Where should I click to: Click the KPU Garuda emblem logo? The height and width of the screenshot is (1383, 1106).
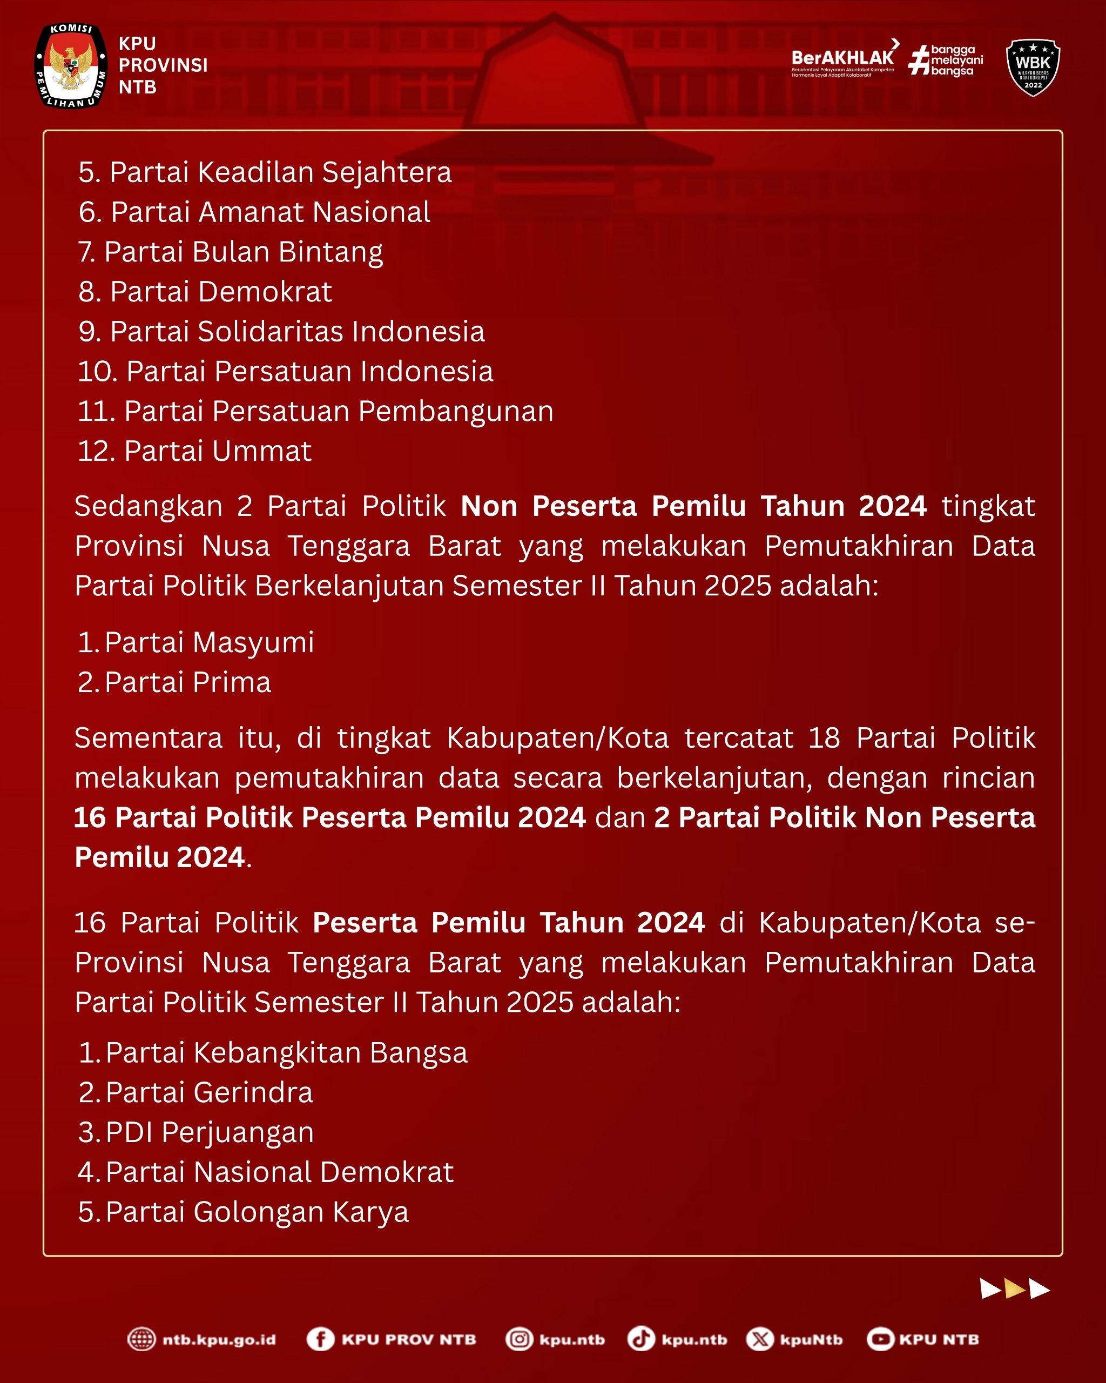coord(71,65)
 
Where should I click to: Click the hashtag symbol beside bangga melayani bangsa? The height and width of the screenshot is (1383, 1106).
coord(919,61)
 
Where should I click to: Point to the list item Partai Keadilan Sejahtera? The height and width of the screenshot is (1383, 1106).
coord(265,172)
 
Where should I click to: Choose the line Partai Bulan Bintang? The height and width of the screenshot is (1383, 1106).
coord(230,251)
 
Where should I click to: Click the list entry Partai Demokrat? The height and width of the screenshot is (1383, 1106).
coord(205,292)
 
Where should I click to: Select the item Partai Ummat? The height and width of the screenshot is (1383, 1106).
coord(194,451)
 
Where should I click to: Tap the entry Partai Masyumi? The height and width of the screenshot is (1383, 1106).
coord(195,642)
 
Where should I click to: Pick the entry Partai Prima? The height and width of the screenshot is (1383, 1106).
coord(174,682)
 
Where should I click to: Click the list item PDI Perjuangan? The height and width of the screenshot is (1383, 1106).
coord(195,1132)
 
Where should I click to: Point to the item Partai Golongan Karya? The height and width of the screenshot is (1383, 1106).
coord(243,1212)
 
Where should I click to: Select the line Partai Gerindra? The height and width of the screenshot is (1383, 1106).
coord(195,1092)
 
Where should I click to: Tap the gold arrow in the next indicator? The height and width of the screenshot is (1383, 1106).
coord(1015,1288)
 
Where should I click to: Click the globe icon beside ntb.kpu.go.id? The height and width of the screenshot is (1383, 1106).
coord(141,1339)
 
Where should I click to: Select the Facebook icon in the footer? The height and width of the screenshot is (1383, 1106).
coord(321,1339)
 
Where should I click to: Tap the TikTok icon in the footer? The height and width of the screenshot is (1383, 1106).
coord(640,1339)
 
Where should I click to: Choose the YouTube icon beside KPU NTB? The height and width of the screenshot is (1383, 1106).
coord(880,1339)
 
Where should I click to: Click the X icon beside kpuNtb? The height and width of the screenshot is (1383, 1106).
coord(760,1339)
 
